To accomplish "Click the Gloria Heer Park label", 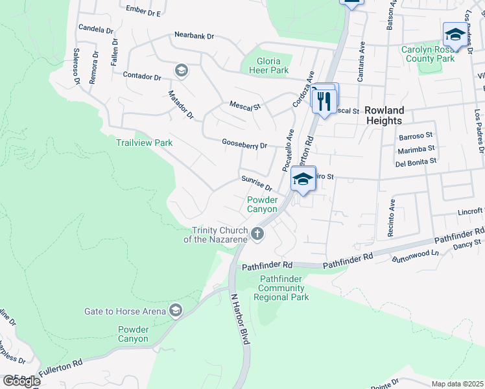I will point(265,65).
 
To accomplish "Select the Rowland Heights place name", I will point(384,115).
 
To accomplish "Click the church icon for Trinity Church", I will point(258,234).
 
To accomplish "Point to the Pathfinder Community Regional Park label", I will point(281,288).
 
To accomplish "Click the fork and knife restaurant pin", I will point(325,100).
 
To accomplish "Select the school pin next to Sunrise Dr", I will point(302,180).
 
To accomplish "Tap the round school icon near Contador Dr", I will point(182,71).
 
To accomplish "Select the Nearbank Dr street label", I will point(194,36).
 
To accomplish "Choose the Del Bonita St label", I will point(415,161).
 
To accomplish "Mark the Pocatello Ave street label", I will point(289,150).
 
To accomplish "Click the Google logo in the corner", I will point(21,381).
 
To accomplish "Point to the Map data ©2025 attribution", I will point(457,384).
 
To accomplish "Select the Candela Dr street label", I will point(95,29).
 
